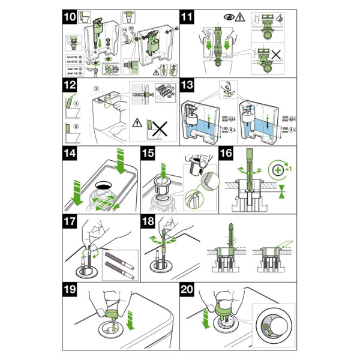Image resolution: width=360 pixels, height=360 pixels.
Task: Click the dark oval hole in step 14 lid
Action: (103, 179)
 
